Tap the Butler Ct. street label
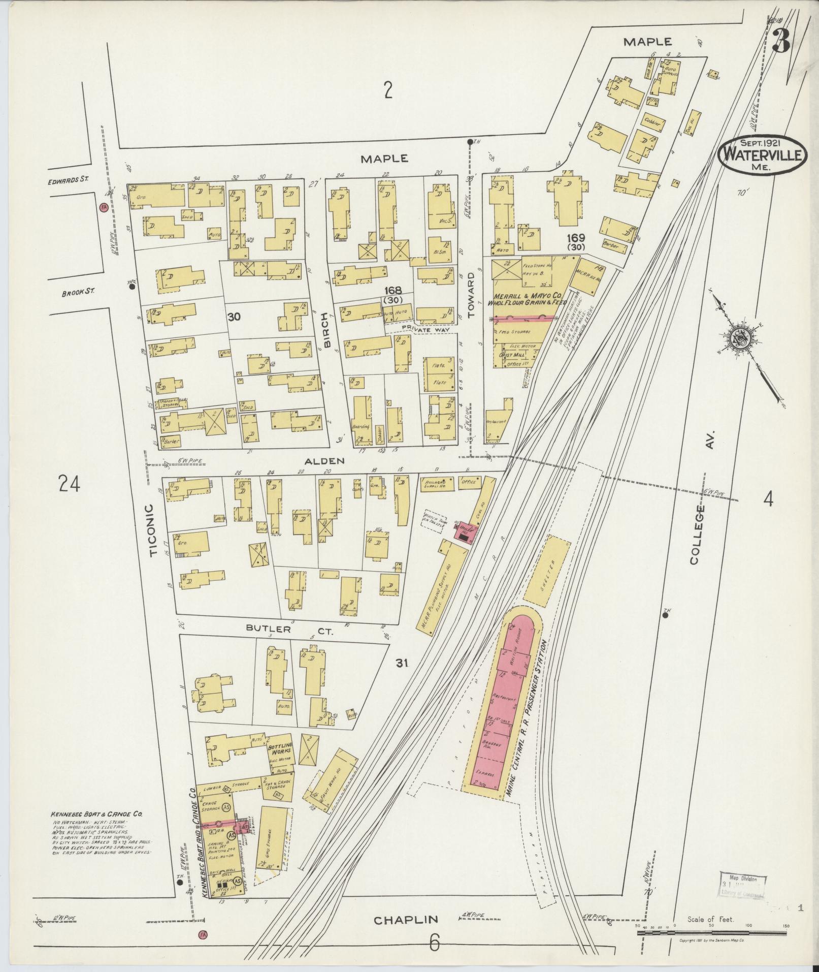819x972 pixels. [289, 629]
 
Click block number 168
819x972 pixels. [393, 290]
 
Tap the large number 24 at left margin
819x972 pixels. [70, 483]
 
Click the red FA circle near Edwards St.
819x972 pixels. [104, 207]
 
